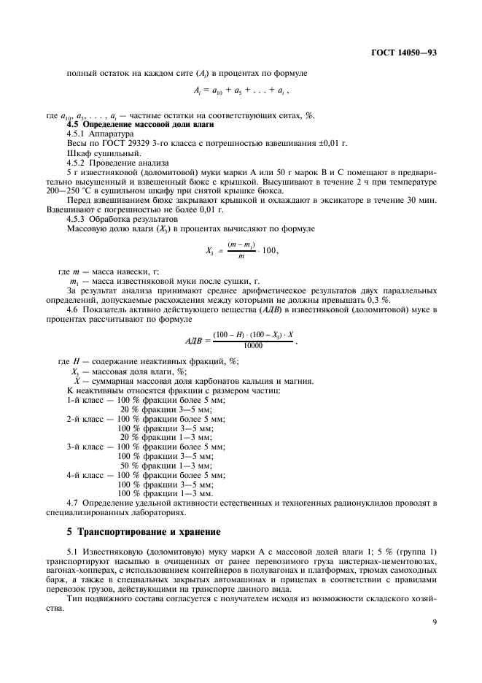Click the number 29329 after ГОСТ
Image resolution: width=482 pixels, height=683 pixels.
[x=120, y=144]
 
